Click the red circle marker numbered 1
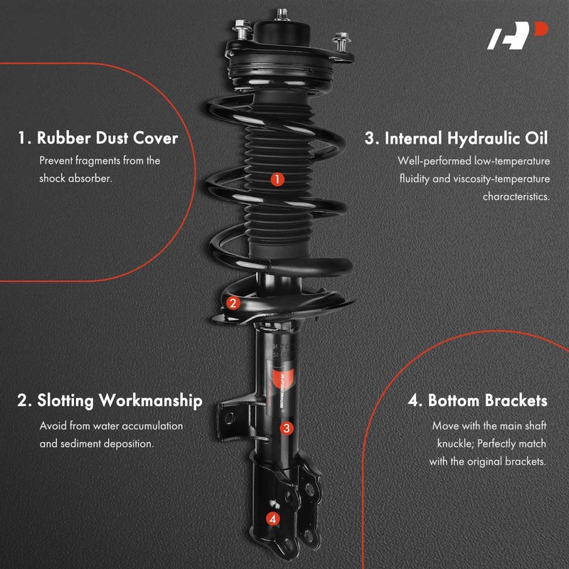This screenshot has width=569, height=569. coord(277,179)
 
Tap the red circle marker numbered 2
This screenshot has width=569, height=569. coord(233,304)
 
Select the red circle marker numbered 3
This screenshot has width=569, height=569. coord(286,427)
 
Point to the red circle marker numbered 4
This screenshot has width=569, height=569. coord(272,519)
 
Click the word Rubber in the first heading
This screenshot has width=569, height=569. coord(66,137)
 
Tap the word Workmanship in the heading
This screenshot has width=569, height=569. coord(149,400)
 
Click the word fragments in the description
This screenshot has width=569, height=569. coord(100,161)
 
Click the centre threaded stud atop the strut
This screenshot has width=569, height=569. coord(283,14)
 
